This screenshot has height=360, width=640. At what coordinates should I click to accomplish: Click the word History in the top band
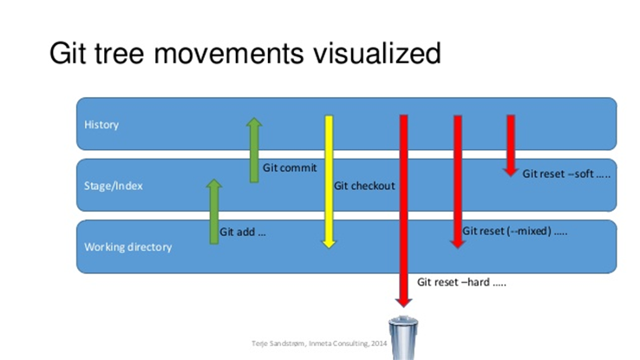101,125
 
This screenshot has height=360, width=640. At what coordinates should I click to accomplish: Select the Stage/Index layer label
114,187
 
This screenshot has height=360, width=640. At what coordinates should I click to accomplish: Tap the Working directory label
127,247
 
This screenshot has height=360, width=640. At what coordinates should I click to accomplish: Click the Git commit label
290,167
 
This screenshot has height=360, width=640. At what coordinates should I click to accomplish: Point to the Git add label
243,232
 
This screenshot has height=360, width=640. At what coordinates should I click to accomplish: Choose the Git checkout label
364,186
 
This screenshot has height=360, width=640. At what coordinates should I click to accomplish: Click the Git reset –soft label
566,173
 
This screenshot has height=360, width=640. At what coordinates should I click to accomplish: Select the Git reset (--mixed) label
514,231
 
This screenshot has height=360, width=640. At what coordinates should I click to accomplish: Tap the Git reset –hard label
461,282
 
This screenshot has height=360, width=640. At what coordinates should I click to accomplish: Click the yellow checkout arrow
329,181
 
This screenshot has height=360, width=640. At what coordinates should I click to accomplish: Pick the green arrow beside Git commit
254,150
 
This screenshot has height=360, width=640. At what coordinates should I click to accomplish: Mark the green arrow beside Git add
214,212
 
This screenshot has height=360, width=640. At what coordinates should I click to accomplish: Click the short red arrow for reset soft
511,146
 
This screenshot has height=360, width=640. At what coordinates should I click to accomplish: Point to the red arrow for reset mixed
458,181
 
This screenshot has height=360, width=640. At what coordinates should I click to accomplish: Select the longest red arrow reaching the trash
403,211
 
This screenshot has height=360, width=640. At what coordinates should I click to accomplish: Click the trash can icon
403,337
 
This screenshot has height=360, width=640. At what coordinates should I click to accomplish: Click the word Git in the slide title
68,54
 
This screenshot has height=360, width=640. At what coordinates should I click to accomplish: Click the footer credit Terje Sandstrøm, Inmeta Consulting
319,344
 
